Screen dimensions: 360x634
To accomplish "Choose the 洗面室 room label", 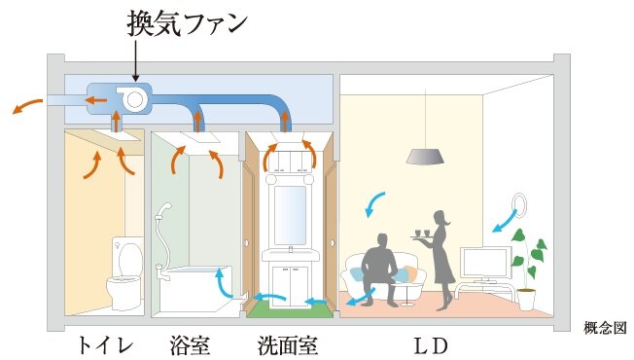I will (x=288, y=344).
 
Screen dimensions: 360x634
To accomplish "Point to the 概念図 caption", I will (x=603, y=328).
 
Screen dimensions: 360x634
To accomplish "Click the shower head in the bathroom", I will (x=166, y=210).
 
